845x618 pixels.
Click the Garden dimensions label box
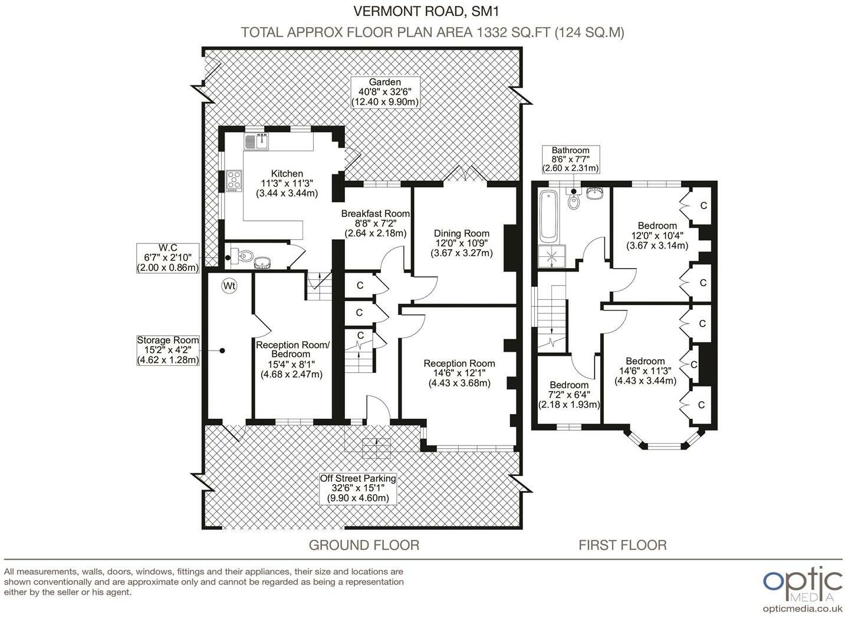click(x=385, y=92)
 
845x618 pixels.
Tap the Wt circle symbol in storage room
click(x=229, y=286)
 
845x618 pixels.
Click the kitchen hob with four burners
click(x=234, y=181)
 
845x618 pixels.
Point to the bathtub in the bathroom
click(x=549, y=216)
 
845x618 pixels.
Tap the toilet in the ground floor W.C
click(x=241, y=256)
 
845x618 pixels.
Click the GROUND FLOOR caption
click(x=364, y=546)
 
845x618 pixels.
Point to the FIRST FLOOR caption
click(x=623, y=546)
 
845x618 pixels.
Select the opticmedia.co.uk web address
click(x=803, y=609)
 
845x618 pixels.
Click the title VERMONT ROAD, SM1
click(x=426, y=11)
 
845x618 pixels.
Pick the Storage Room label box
click(x=168, y=350)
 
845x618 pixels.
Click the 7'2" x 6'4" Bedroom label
click(x=569, y=395)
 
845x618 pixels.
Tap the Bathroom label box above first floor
click(x=571, y=159)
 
